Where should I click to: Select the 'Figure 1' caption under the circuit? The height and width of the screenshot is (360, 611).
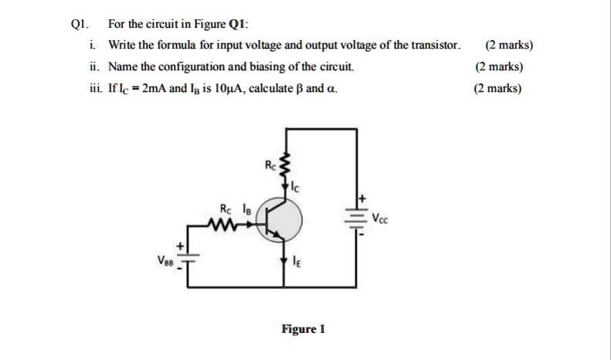pyautogui.click(x=303, y=329)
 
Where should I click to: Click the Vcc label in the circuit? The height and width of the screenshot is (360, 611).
pyautogui.click(x=380, y=219)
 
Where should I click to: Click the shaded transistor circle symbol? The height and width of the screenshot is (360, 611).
pyautogui.click(x=282, y=223)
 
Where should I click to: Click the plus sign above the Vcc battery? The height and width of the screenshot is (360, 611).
pyautogui.click(x=358, y=199)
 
